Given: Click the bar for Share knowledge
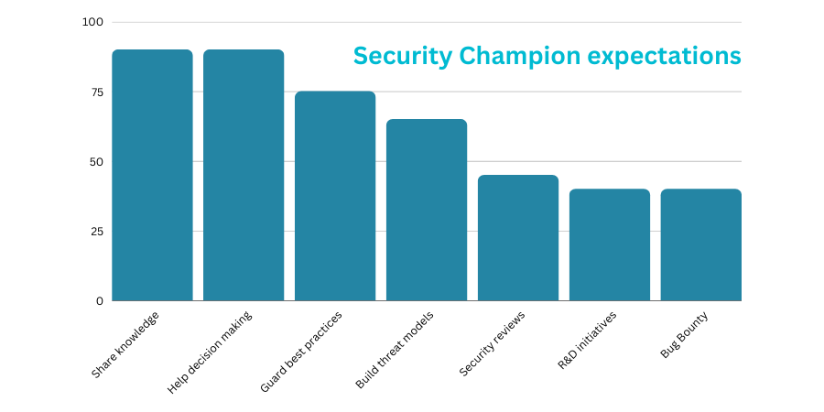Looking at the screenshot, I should (x=152, y=175).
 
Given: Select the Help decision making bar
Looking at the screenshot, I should (x=244, y=175).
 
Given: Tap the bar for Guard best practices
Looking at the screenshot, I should (x=335, y=196).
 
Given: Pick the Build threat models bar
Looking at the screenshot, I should (x=427, y=210).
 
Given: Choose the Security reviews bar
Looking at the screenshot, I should (x=518, y=238).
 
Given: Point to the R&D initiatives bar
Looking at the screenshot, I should (x=610, y=244).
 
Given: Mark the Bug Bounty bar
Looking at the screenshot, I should (x=701, y=244).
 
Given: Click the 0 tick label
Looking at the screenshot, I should (x=98, y=300).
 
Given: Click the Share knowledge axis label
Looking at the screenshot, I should (x=125, y=345).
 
